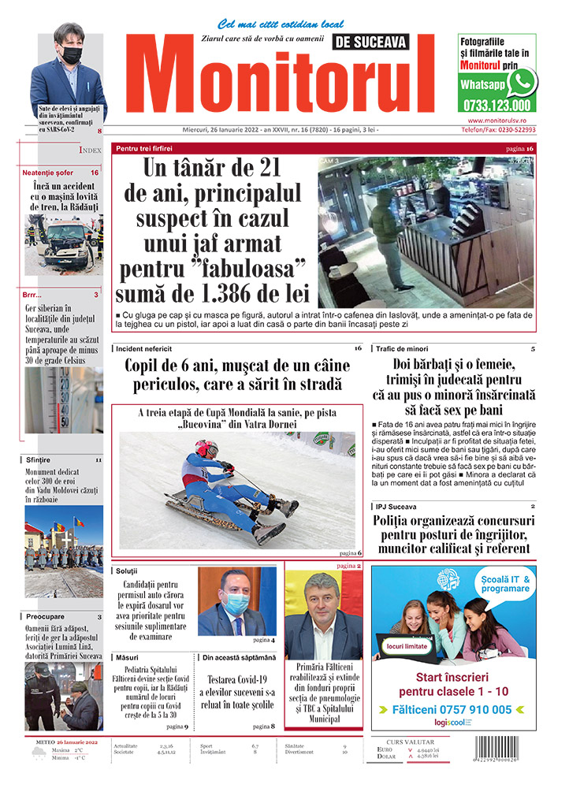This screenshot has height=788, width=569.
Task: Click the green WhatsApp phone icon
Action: [522, 82]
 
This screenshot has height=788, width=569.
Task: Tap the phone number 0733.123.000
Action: [497, 105]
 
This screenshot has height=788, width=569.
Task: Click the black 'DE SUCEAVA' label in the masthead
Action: [384, 43]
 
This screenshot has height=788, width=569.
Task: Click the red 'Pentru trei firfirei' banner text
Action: [144, 148]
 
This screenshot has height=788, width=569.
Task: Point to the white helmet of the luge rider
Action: [206, 448]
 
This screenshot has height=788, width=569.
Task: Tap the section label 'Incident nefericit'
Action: [144, 348]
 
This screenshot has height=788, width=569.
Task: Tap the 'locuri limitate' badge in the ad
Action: [407, 646]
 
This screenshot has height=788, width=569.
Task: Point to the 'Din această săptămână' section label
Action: [240, 656]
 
